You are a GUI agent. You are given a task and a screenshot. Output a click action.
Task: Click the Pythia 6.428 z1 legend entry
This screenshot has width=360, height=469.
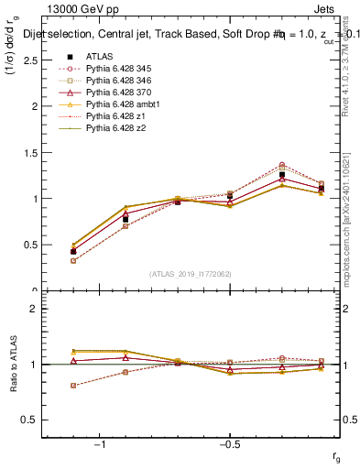(114, 117)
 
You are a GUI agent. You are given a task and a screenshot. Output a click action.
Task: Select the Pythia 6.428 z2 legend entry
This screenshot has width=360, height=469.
(114, 129)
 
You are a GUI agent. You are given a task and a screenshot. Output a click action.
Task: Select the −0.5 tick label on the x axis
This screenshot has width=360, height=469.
(227, 444)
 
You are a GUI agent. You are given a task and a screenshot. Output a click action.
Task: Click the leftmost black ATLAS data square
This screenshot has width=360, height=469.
(73, 251)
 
